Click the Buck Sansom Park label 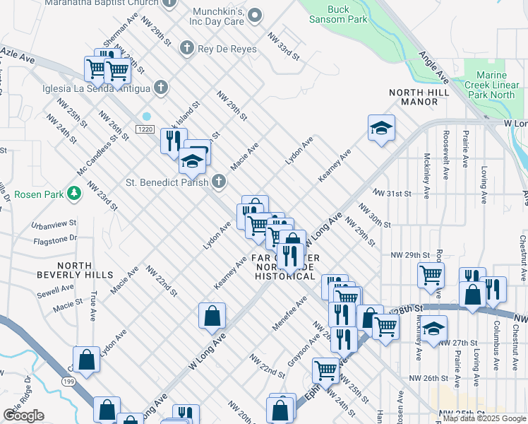pos(338,14)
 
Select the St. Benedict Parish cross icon pos(219,182)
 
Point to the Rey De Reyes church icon pos(187,47)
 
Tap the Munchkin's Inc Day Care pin pos(256,15)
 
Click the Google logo pos(23,416)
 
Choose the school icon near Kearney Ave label pos(381,128)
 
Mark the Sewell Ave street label pos(56,288)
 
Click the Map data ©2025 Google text pos(484,418)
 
